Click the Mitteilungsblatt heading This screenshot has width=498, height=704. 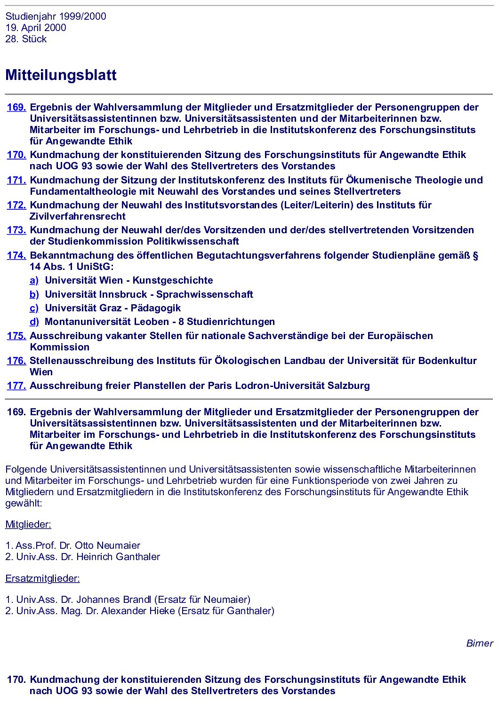click(61, 75)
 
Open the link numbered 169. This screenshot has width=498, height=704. click(16, 107)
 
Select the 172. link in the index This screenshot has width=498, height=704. click(16, 205)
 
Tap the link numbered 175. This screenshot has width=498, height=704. click(16, 336)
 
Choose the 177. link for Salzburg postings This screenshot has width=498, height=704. click(16, 386)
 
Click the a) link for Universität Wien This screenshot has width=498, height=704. click(34, 280)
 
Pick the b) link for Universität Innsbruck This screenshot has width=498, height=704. click(34, 294)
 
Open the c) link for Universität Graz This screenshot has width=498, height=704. click(34, 308)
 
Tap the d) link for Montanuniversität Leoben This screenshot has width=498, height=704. click(34, 322)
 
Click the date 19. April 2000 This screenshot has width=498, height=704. click(36, 28)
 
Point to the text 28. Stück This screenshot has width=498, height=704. click(26, 39)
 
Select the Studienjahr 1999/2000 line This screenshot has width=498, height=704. click(56, 16)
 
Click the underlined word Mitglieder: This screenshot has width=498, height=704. click(28, 524)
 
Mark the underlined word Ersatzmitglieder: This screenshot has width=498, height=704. click(42, 578)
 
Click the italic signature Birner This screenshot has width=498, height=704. click(479, 643)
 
